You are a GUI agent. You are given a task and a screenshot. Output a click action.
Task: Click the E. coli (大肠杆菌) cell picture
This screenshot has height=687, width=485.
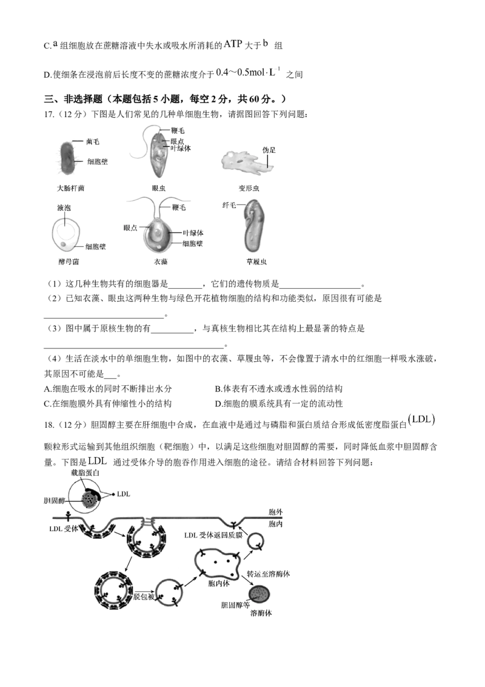click(x=67, y=158)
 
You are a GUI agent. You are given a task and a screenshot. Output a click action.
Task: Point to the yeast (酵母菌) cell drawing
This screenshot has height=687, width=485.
click(x=66, y=235)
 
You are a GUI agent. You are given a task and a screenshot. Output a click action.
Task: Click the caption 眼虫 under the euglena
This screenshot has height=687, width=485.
click(x=158, y=188)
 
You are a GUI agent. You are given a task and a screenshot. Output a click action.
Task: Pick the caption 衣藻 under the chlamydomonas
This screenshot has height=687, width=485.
click(x=161, y=262)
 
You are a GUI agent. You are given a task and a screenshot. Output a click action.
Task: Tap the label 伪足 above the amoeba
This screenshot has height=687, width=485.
click(x=269, y=151)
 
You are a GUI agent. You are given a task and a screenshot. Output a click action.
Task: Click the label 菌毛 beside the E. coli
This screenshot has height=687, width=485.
click(x=93, y=141)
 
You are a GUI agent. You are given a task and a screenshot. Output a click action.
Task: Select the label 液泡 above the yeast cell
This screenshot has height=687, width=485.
click(x=64, y=208)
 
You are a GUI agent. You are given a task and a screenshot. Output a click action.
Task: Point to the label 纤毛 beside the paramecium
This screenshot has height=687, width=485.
click(x=229, y=205)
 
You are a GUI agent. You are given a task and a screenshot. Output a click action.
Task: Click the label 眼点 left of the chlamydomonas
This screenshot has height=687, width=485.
click(x=130, y=228)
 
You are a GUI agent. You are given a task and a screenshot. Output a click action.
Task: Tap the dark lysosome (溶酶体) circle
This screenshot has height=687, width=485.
click(x=259, y=595)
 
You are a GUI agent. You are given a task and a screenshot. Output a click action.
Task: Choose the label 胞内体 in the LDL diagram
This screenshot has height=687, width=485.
click(x=218, y=583)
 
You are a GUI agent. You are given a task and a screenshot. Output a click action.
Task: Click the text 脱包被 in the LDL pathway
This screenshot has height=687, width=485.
click(x=144, y=597)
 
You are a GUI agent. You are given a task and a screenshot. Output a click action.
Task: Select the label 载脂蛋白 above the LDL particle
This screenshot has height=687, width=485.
click(x=85, y=473)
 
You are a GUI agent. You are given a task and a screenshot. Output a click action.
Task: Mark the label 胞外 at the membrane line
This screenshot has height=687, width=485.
click(x=275, y=512)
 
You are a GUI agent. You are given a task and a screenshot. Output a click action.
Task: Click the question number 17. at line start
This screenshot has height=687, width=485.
click(x=49, y=114)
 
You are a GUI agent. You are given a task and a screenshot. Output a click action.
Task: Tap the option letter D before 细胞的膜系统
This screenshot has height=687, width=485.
click(x=218, y=404)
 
